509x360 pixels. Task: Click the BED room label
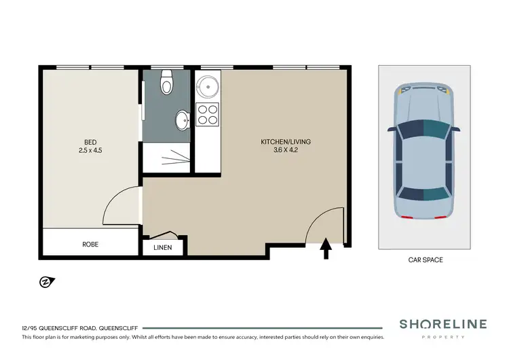coord(89,142)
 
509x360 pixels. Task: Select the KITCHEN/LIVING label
coord(285,141)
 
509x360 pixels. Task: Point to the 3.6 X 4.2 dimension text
coord(285,150)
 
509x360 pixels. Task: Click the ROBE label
coord(91,244)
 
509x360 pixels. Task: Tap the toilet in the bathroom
coord(166,85)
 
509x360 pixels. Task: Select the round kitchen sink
coord(206,86)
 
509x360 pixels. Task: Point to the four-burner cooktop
coord(207,115)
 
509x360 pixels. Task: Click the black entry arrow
coord(324,249)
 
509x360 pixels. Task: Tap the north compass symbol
coord(47,281)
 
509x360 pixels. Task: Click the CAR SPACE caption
coord(426,259)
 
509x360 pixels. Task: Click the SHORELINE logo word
coord(442,325)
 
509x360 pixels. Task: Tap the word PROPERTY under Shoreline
coord(442,337)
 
